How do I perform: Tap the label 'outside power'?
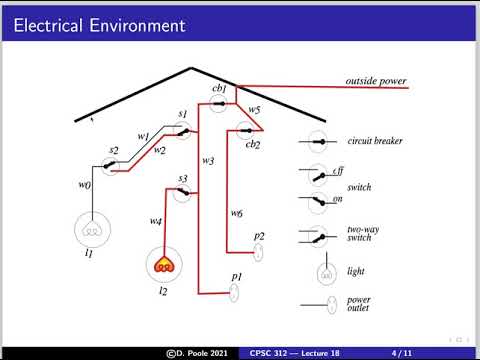375,80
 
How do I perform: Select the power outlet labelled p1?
236,292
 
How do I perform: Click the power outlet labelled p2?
258,251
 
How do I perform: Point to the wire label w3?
208,160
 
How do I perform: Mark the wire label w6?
236,213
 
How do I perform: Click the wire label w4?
156,221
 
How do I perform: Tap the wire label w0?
84,185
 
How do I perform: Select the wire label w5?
255,109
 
